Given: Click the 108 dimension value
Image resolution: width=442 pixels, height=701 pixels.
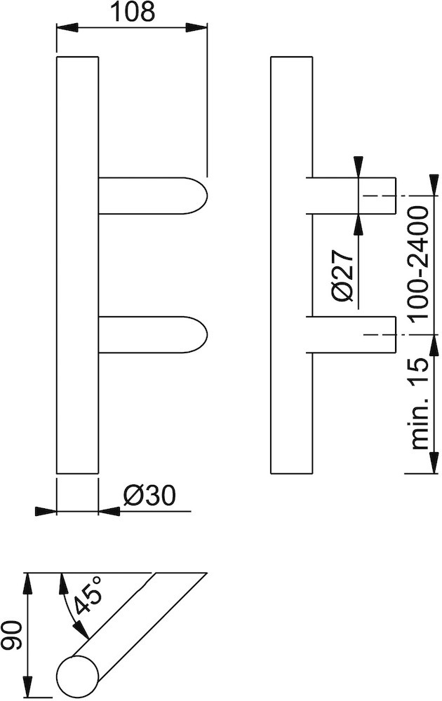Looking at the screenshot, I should [132, 12].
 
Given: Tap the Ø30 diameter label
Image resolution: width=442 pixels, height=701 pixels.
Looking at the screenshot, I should [148, 496].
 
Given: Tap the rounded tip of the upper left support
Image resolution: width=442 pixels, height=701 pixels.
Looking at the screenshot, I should [201, 195].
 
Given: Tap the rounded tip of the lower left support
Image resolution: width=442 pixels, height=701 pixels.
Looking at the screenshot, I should [201, 335].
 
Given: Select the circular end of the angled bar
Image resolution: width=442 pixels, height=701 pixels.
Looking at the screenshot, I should [76, 676].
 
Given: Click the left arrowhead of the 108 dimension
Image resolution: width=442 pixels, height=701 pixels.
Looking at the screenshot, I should [65, 28].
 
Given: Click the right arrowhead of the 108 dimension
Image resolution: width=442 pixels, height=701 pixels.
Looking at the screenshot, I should [198, 28].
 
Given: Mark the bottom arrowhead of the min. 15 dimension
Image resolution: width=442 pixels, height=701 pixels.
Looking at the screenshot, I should [429, 465].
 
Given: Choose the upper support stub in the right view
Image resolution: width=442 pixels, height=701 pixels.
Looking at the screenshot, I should [351, 196].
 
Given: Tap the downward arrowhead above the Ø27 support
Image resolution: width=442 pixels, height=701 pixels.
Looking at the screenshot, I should [359, 167].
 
